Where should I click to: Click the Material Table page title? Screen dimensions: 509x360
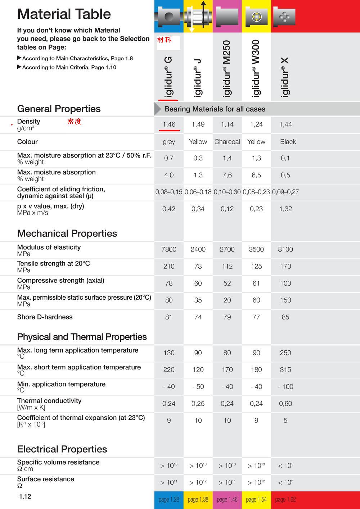click(x=64, y=14)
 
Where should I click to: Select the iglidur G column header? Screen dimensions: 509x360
click(x=168, y=77)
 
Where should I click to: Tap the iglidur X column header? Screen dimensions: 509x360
click(x=285, y=77)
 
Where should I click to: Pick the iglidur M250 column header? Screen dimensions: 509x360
click(x=227, y=69)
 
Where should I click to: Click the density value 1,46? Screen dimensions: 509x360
click(x=169, y=124)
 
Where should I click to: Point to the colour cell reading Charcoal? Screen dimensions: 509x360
click(x=227, y=142)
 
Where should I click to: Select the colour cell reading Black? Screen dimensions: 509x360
click(x=288, y=142)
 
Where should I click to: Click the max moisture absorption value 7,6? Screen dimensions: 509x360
click(x=227, y=175)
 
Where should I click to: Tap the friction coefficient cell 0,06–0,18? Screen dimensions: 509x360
click(x=198, y=192)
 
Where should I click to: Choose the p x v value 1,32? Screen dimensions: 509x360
click(x=285, y=209)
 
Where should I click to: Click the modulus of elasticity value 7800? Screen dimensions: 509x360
click(x=169, y=250)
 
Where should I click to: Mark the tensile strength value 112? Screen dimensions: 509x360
click(x=227, y=267)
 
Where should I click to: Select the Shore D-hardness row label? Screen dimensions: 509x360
click(x=45, y=317)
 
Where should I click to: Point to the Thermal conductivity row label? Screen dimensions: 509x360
click(x=49, y=401)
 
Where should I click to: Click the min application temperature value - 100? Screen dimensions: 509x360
click(x=285, y=387)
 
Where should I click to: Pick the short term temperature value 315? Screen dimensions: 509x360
click(x=285, y=370)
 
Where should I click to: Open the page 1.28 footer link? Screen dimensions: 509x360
click(x=169, y=500)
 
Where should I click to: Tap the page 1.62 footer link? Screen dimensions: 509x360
click(x=285, y=500)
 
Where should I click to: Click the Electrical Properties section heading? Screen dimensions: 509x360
click(x=62, y=449)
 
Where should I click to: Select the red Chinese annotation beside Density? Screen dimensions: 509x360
click(x=75, y=122)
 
